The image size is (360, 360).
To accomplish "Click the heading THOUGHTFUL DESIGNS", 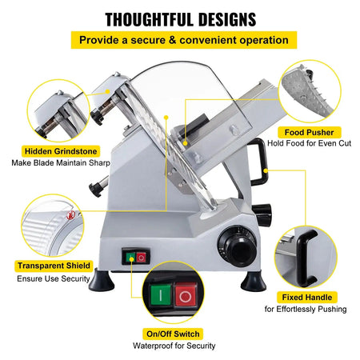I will pyautogui.click(x=180, y=18).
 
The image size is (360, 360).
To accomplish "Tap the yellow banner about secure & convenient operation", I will pyautogui.click(x=180, y=40).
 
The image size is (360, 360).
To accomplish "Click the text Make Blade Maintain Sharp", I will pyautogui.click(x=61, y=162).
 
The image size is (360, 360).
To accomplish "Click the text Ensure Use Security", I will pyautogui.click(x=54, y=279).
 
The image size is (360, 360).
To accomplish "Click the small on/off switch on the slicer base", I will pyautogui.click(x=134, y=257).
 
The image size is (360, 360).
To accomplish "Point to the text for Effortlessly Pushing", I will pyautogui.click(x=306, y=309).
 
